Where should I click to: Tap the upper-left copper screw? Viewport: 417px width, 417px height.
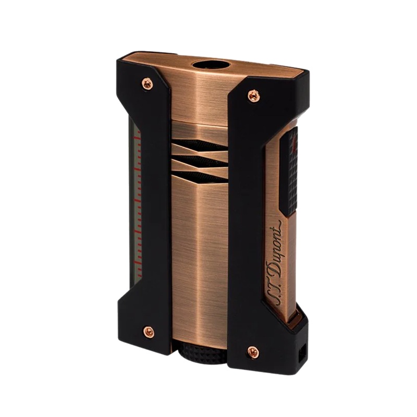tap(146, 84)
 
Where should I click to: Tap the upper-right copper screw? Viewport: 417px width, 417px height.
tap(253, 95)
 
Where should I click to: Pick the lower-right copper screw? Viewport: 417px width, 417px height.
tap(253, 352)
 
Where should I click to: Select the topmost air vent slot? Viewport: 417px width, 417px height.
tap(200, 145)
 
